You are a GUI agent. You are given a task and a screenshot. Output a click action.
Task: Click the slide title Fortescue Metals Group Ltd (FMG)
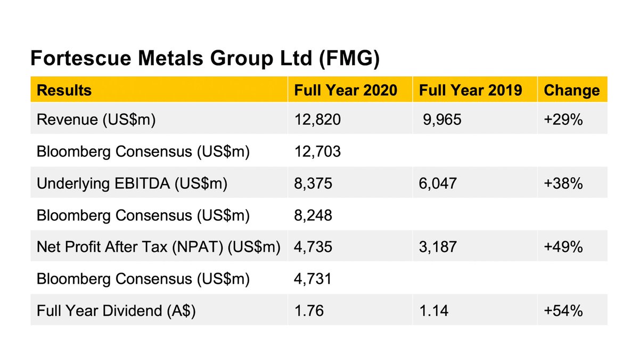pos(204,58)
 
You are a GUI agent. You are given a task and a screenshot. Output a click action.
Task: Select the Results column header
pos(64,90)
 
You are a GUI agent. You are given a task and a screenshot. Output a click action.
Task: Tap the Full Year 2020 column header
pos(346,90)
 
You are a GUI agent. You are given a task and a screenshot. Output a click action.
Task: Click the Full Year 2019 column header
pos(471,90)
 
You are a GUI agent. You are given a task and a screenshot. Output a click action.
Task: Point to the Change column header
pos(571,90)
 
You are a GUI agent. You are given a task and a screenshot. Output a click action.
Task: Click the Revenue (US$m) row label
pos(96,120)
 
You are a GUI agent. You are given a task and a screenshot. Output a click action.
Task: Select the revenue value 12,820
pos(317,120)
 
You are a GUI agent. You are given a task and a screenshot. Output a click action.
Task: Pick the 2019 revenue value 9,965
pos(443,120)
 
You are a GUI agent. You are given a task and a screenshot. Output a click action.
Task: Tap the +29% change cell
pos(563,120)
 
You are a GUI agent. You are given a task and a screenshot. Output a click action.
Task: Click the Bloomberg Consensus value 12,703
pos(317,152)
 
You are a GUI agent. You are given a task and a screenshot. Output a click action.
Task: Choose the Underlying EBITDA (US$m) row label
pos(132,183)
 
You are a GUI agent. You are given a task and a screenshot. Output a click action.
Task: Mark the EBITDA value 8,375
pos(313,183)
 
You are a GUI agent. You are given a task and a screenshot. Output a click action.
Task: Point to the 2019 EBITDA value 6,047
pos(438,183)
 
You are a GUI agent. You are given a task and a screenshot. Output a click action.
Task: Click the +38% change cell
pos(563,183)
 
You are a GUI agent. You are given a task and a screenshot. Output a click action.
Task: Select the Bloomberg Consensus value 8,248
pos(313,215)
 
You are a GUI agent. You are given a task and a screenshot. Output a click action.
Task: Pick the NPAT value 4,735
pos(313,247)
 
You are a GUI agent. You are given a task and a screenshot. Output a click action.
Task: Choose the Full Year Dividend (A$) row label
pos(116,310)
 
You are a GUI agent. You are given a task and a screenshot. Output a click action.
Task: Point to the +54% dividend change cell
pos(563,310)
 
